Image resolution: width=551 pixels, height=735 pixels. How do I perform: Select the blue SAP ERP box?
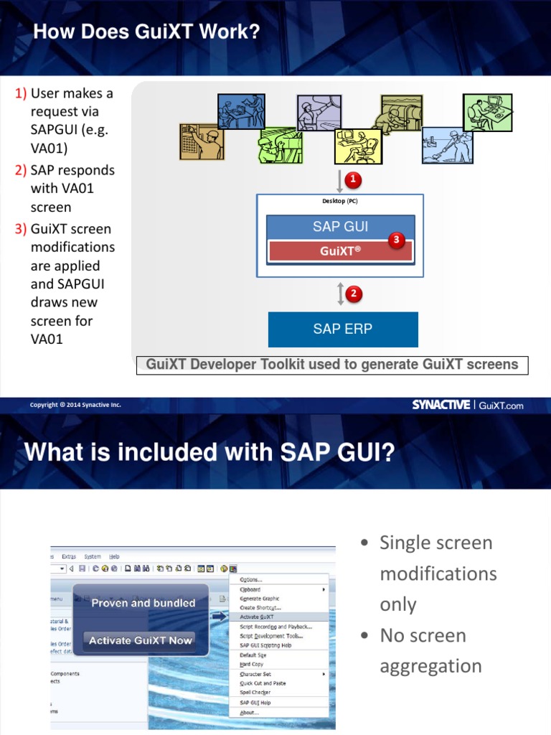(x=343, y=329)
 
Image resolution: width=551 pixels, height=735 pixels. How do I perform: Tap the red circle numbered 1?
(x=352, y=178)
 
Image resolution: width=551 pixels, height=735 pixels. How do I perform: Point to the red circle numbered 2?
(x=353, y=293)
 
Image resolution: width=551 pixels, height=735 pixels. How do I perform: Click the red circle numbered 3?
(x=395, y=240)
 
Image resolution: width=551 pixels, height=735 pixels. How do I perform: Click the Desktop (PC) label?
(x=340, y=201)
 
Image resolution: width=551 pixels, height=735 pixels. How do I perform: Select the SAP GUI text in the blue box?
(x=340, y=227)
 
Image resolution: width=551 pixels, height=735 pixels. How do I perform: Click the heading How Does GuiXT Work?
(x=146, y=32)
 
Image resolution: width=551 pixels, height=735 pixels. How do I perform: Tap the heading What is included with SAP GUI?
(x=209, y=453)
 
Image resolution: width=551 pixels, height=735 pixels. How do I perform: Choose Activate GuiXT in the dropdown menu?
(x=257, y=617)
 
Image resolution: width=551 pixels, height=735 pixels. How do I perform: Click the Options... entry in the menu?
(x=251, y=580)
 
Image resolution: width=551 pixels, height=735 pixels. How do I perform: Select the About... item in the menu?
(x=250, y=713)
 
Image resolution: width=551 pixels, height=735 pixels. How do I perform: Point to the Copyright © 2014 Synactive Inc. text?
(x=75, y=405)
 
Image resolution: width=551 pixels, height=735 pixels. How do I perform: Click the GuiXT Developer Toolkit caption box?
(x=332, y=365)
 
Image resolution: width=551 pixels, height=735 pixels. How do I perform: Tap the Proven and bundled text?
(x=143, y=603)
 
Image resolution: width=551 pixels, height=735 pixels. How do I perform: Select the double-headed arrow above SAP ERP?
(x=341, y=294)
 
